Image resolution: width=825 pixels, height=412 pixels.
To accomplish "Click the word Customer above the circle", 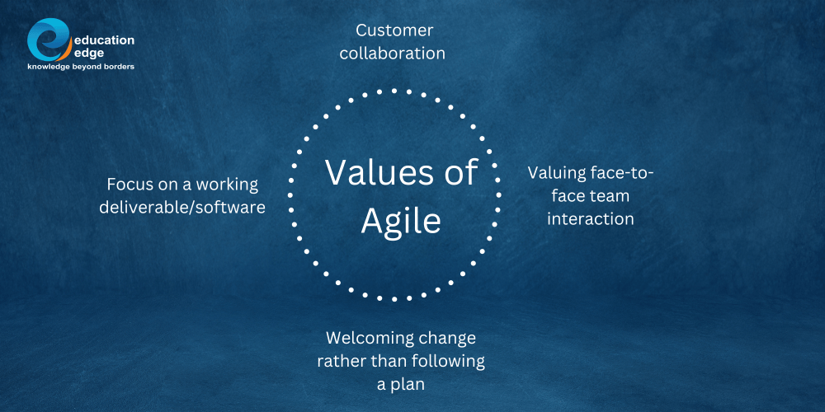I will pyautogui.click(x=394, y=30).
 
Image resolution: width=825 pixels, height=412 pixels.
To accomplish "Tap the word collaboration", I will pyautogui.click(x=394, y=54).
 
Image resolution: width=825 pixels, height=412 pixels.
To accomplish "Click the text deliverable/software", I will pyautogui.click(x=182, y=208).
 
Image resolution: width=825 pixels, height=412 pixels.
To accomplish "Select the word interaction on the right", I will pyautogui.click(x=591, y=219).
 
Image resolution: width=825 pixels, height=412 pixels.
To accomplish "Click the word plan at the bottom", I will pyautogui.click(x=408, y=385).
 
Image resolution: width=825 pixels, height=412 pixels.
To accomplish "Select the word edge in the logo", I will pyautogui.click(x=89, y=52).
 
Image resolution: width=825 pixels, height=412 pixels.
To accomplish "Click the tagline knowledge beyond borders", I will pyautogui.click(x=81, y=65).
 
